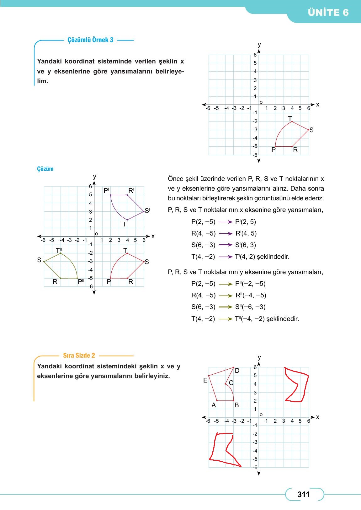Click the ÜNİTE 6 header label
328,13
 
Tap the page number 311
303,495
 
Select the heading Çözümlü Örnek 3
90,40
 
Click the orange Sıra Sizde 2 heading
79,355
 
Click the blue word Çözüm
45,169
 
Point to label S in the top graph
311,130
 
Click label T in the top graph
290,119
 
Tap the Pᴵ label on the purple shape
106,191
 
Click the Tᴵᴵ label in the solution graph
59,250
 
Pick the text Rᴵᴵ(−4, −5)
251,295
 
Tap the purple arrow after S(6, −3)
226,245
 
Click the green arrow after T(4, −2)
226,319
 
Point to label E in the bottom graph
205,381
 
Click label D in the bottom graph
237,371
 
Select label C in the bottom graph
231,383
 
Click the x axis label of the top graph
318,105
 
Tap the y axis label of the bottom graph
259,357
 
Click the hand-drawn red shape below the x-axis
223,449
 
